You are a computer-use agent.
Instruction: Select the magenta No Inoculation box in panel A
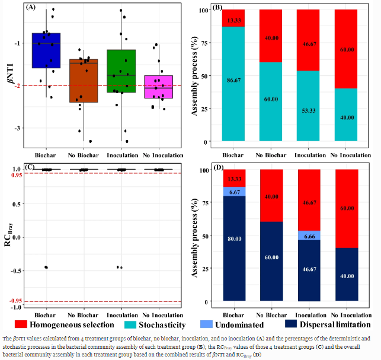(159, 87)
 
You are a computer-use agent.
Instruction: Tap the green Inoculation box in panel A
(121, 71)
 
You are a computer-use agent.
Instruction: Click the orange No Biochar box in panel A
(84, 81)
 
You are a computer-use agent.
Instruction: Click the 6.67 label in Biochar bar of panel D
(234, 191)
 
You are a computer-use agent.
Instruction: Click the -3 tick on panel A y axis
(18, 128)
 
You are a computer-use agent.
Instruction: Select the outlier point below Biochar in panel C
(46, 267)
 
